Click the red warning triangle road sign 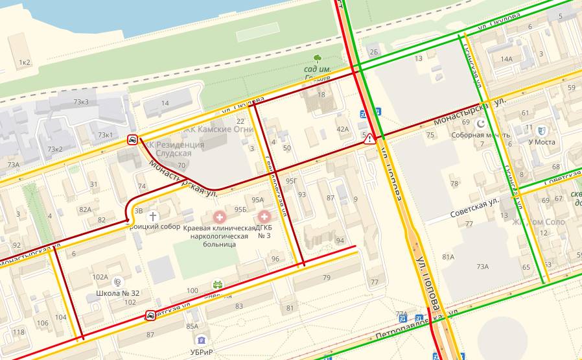point(369,138)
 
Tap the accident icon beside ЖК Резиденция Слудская point(132,139)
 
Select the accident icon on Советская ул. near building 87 point(150,316)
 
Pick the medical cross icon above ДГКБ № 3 point(264,215)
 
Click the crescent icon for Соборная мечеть point(480,123)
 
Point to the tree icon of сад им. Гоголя point(318,58)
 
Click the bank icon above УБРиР point(201,339)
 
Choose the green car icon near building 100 point(218,284)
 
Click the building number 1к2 point(25,62)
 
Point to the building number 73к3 point(81,102)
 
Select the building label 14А point(506,59)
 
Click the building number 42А point(342,129)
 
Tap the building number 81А point(448,257)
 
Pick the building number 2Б point(373,51)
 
